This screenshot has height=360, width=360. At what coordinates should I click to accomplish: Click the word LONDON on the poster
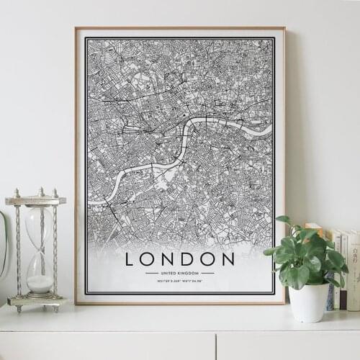pos(180,258)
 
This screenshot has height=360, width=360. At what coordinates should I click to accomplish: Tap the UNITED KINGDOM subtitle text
pos(180,273)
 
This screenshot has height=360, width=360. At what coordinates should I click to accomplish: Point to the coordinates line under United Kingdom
pos(180,282)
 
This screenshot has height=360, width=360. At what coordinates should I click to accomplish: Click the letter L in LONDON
pos(130,258)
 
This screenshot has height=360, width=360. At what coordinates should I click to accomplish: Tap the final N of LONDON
pos(228,258)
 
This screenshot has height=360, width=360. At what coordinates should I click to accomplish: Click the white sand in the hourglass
pos(39,283)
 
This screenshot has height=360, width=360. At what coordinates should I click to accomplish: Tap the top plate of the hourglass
pos(36,201)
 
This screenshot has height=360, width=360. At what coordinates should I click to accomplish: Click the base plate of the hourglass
pos(37,300)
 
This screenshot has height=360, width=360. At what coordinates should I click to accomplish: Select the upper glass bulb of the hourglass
pos(39,227)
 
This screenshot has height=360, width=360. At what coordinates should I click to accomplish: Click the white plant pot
pos(309,302)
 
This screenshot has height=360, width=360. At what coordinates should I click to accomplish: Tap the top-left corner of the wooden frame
pos(76,29)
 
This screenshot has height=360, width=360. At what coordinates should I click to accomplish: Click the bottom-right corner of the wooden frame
pos(284,302)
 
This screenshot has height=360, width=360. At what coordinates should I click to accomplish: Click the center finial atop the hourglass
pos(40,192)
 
